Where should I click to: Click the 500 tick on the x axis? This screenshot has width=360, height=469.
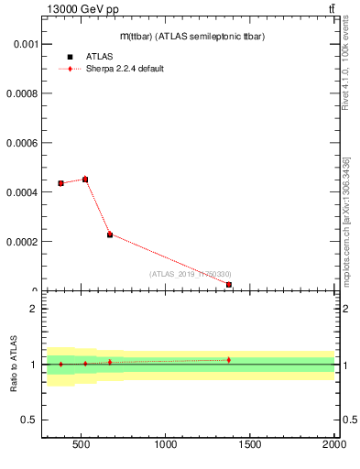point(81,446)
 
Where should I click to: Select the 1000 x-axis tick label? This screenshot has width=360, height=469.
point(165,446)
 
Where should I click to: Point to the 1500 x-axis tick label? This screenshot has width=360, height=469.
point(249,446)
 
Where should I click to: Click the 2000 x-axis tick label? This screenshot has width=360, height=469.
point(333,446)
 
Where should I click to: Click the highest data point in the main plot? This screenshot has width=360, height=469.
point(85,180)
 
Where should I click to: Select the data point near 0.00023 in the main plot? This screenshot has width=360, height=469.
point(110,234)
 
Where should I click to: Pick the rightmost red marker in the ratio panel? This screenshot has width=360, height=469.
point(228,360)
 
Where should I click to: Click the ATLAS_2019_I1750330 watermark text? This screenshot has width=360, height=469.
point(190,274)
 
